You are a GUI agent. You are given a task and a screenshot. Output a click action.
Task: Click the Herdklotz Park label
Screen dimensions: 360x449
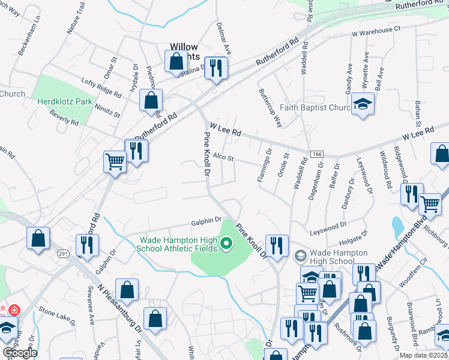(x=65, y=101)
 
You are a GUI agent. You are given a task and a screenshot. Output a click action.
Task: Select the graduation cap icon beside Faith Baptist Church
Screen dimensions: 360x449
(x=363, y=105)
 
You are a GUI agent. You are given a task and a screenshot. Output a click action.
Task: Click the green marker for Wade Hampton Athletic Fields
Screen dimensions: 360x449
(x=226, y=244)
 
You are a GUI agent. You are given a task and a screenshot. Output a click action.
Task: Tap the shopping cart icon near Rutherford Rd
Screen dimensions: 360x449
(x=115, y=161)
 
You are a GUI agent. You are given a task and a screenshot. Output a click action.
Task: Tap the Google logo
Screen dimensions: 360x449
(x=19, y=353)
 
